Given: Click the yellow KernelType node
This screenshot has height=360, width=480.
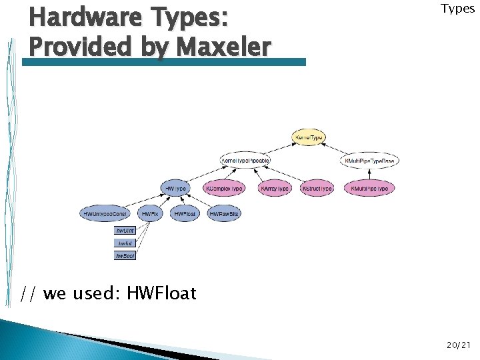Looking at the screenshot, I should pyautogui.click(x=309, y=138).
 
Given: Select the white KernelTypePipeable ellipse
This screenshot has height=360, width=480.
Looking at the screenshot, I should pyautogui.click(x=245, y=161).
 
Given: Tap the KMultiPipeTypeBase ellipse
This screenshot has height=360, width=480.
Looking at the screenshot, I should pyautogui.click(x=371, y=161).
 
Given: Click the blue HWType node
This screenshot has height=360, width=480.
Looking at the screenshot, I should pyautogui.click(x=175, y=189).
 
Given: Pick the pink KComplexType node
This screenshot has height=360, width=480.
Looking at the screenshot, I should pyautogui.click(x=224, y=189).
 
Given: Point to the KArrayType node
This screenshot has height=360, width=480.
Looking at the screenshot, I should pyautogui.click(x=275, y=189).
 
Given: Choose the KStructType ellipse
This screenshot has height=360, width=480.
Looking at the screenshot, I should pyautogui.click(x=317, y=189).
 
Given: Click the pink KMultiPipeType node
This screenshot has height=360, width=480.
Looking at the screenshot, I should pyautogui.click(x=370, y=189).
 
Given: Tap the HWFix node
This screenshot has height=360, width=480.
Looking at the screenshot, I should pyautogui.click(x=150, y=214).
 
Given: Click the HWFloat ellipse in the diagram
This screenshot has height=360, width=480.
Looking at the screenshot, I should pyautogui.click(x=185, y=214).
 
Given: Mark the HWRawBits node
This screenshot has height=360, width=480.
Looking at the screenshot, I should pyautogui.click(x=224, y=214).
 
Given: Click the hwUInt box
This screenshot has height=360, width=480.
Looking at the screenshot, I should pyautogui.click(x=125, y=230).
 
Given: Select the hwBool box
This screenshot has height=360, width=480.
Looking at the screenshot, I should pyautogui.click(x=125, y=255).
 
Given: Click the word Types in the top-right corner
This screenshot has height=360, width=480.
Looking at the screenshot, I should pyautogui.click(x=457, y=9).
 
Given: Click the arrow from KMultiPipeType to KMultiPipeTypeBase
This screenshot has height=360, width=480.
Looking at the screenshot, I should pyautogui.click(x=371, y=175).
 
